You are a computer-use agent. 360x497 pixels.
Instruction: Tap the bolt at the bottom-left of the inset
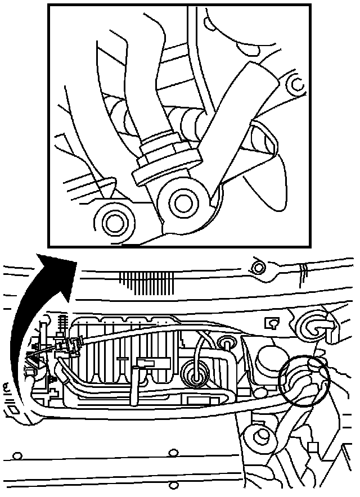coord(115,222)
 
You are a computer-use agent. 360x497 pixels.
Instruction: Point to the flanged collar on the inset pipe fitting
coord(167,165)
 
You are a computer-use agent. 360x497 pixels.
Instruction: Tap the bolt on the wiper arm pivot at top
coord(259,266)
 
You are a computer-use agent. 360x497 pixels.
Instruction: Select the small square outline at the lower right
coord(314,448)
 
